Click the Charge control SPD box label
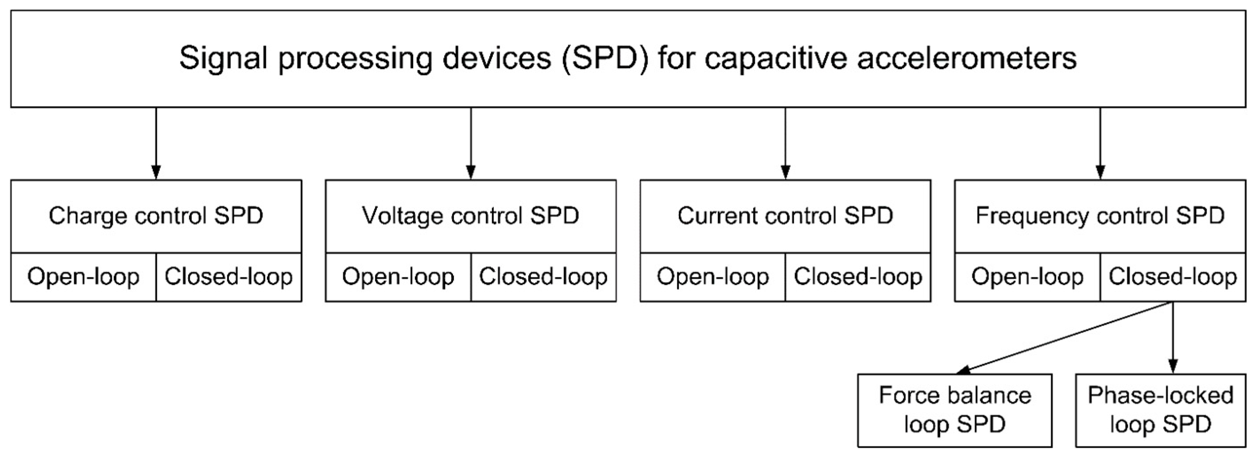click(156, 216)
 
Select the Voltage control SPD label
click(470, 216)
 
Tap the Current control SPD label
click(785, 216)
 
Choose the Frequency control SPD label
click(1100, 216)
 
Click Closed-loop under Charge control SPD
click(228, 277)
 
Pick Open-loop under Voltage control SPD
click(398, 277)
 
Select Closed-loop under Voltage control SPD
click(543, 277)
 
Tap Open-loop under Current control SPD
click(712, 277)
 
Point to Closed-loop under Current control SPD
click(858, 277)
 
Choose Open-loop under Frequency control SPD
click(1027, 277)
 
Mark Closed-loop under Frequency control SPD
click(1172, 277)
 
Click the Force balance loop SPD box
click(954, 410)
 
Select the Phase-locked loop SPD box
click(1160, 410)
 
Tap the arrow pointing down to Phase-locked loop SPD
click(1173, 337)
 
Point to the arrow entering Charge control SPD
click(156, 144)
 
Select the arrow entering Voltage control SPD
click(471, 144)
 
